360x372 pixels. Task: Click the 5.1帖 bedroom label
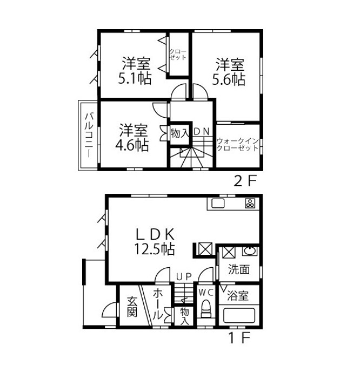click(x=135, y=70)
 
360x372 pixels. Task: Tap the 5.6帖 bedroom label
click(x=229, y=71)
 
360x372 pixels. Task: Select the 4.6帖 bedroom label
click(x=132, y=138)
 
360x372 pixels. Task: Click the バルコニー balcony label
click(x=89, y=135)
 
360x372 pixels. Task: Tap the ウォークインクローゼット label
click(x=237, y=145)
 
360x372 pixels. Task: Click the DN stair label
click(x=202, y=132)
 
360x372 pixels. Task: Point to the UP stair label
click(x=184, y=276)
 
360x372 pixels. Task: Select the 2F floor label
click(x=245, y=181)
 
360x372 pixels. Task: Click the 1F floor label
click(x=239, y=337)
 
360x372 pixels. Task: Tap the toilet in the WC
click(x=205, y=309)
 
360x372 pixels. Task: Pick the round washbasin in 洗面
click(x=250, y=251)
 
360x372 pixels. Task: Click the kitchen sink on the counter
click(x=218, y=204)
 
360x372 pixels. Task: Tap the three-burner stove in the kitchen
click(x=250, y=203)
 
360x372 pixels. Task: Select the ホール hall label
click(x=158, y=304)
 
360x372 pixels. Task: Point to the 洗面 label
click(x=239, y=269)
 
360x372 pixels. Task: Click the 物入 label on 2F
click(x=180, y=133)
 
